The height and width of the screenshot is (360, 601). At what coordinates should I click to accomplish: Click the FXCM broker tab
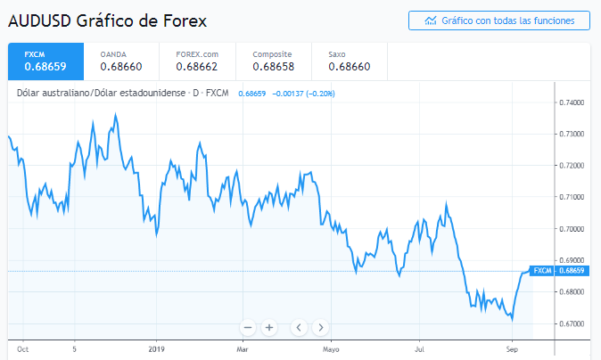45,61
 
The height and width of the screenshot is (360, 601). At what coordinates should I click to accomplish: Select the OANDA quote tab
120,61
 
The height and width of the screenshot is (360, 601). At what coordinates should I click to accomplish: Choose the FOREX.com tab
197,61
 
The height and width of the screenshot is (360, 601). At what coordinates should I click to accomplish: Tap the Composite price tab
272,61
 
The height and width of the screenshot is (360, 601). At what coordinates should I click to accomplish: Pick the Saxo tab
347,61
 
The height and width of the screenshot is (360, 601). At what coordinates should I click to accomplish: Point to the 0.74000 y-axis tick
572,102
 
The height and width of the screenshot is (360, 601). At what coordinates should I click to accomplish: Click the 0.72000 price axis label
572,166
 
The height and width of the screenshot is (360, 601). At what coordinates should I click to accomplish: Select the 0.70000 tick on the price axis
572,229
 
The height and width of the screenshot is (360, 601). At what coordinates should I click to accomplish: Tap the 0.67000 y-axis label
572,323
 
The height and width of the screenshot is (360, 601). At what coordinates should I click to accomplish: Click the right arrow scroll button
321,327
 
